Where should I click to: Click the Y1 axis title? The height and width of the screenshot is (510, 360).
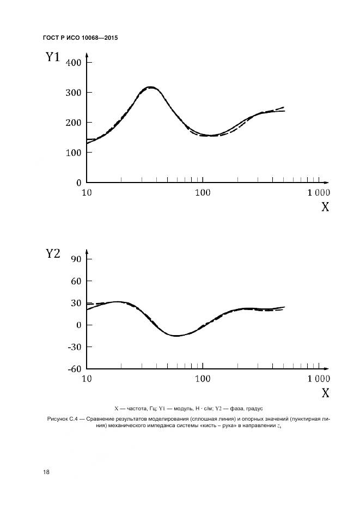[x=52, y=57]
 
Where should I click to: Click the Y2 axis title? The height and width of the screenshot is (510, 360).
[x=52, y=254]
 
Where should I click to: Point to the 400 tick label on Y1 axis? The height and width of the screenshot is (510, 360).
[x=73, y=63]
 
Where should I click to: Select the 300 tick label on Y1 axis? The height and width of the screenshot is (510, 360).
[x=73, y=93]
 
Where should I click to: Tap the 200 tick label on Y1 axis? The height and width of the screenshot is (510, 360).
[x=73, y=123]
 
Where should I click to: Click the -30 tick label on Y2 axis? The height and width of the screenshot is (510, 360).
[x=73, y=347]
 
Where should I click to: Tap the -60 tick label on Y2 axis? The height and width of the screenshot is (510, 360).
[x=73, y=368]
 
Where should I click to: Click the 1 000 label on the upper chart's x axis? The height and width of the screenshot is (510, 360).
[x=318, y=192]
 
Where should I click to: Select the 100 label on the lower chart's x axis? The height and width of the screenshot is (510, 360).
[x=203, y=378]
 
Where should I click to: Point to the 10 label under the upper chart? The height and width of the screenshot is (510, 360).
[x=86, y=192]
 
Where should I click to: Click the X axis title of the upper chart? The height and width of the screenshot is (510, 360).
[x=325, y=207]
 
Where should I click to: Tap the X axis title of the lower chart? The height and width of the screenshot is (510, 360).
[x=325, y=393]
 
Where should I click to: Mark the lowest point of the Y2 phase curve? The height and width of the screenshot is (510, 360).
[x=176, y=336]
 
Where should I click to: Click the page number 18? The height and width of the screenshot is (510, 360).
[x=46, y=472]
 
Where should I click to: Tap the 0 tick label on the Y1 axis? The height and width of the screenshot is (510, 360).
[x=78, y=183]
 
